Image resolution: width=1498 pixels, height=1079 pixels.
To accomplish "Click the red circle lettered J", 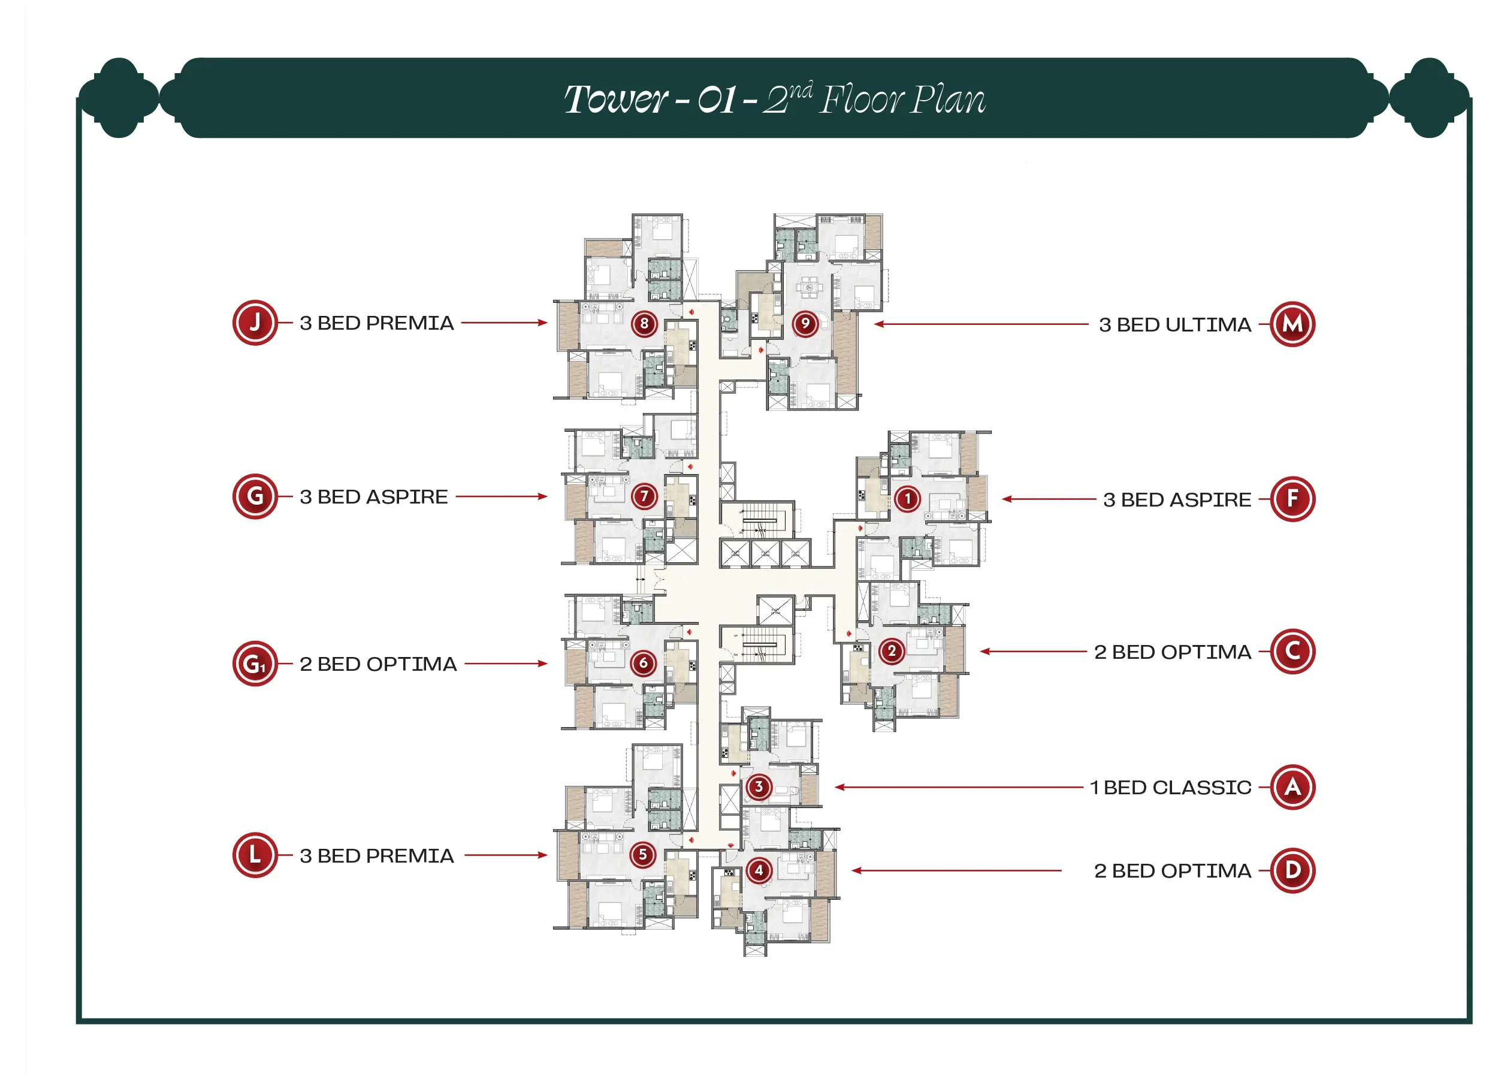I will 255,323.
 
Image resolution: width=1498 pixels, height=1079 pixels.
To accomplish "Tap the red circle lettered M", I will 1292,324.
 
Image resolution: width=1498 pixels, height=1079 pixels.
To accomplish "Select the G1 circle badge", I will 255,664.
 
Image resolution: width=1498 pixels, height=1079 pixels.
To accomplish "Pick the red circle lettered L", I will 255,855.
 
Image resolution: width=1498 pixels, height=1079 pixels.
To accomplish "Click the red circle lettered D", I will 1292,870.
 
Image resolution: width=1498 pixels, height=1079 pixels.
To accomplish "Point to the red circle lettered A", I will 1292,787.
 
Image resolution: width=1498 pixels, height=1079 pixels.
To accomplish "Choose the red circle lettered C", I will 1292,652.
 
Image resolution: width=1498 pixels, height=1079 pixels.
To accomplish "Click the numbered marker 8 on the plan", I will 644,324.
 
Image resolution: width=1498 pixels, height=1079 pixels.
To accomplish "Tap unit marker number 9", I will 805,324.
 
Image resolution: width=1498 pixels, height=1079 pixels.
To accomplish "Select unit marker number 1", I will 908,499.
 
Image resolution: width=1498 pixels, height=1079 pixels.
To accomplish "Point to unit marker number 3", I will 759,786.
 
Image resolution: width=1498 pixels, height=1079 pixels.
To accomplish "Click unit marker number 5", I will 643,854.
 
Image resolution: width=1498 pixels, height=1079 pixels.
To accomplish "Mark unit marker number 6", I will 644,663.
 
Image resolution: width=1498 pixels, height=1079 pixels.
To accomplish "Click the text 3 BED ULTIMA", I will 1174,325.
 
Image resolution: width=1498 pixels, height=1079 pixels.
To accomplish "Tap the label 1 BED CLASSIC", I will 1170,788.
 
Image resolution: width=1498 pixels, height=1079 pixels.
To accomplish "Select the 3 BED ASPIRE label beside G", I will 373,497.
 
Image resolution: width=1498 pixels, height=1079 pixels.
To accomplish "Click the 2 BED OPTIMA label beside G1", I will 378,664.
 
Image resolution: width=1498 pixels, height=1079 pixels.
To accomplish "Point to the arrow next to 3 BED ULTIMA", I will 981,324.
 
